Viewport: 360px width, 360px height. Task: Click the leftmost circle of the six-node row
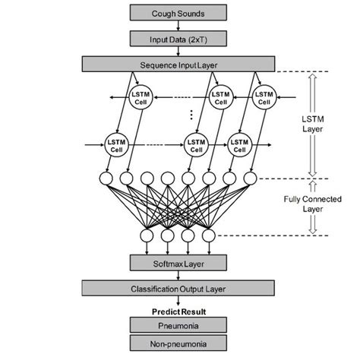pos(106,179)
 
